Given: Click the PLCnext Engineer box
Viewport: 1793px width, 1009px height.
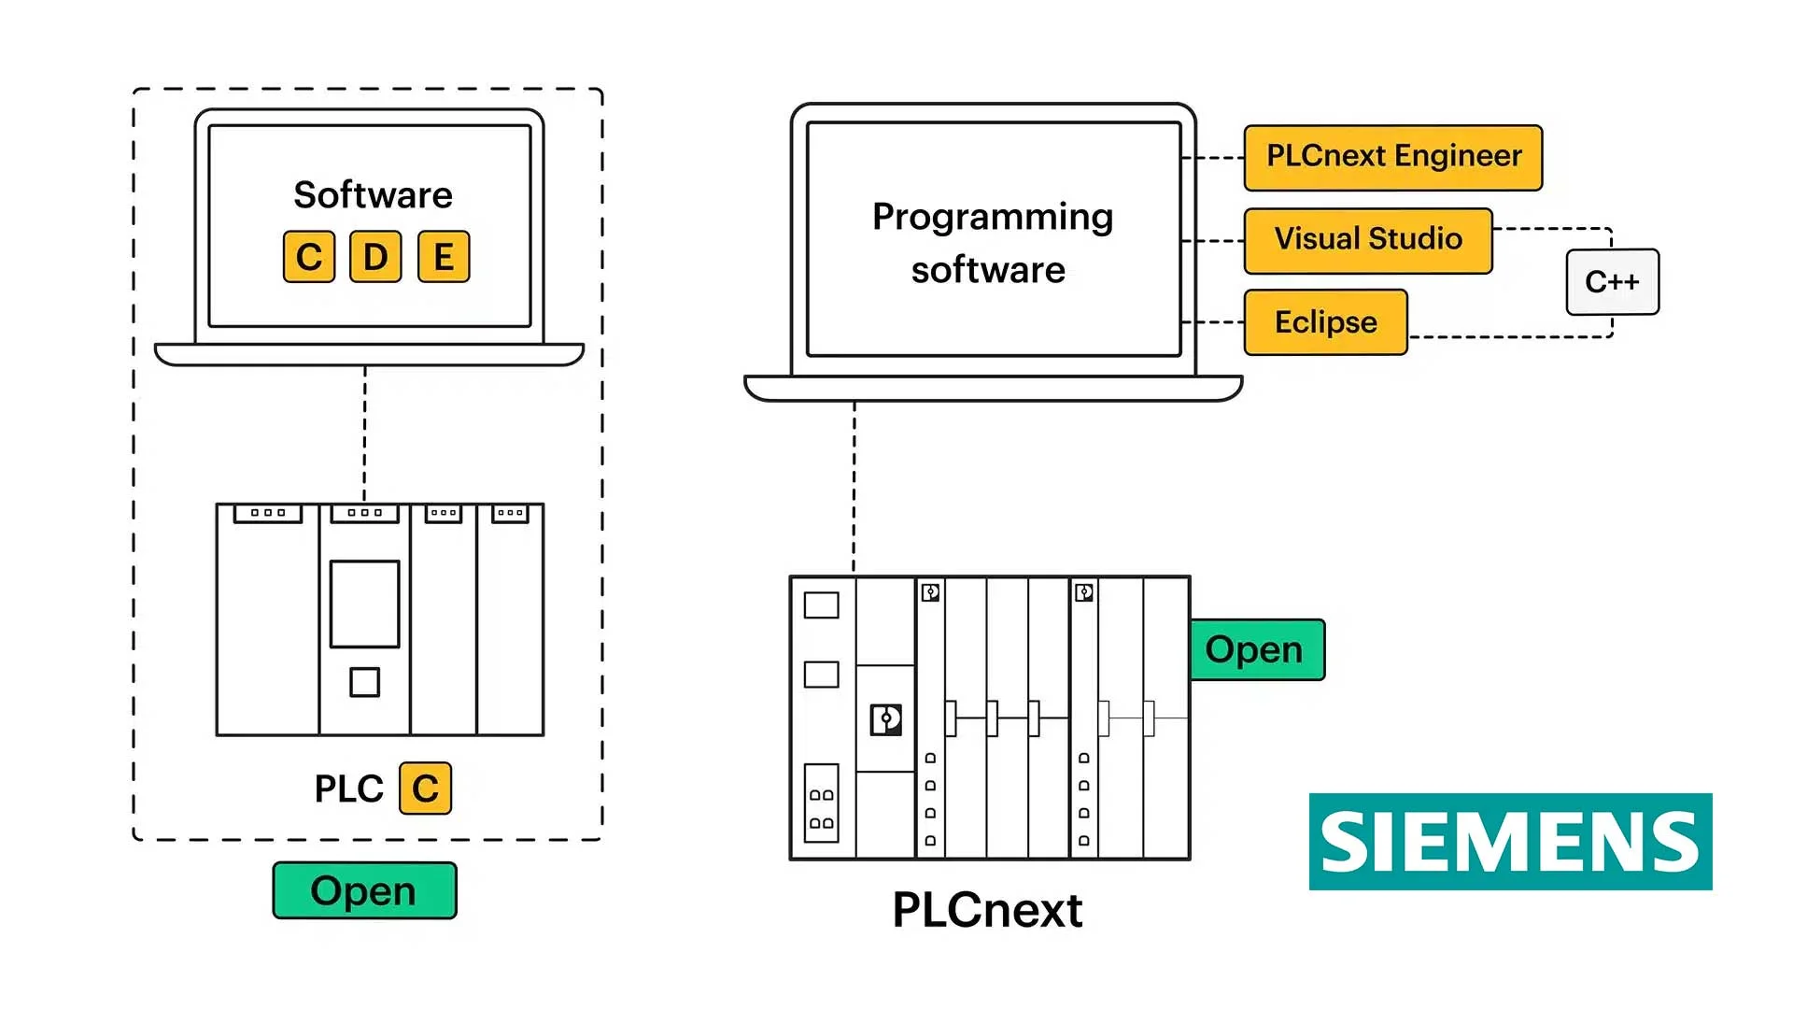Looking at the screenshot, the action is click(x=1393, y=157).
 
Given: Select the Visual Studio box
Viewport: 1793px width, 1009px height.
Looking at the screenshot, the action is click(x=1368, y=240).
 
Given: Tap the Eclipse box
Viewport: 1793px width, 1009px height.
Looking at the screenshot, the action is click(x=1326, y=322).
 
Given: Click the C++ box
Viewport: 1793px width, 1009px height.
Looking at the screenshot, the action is click(x=1613, y=282).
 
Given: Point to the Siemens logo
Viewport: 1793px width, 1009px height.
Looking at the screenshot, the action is click(x=1510, y=842).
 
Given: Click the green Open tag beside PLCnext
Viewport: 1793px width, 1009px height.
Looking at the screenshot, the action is click(x=1257, y=649).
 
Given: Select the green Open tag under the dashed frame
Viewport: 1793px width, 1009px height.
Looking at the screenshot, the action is click(x=364, y=890).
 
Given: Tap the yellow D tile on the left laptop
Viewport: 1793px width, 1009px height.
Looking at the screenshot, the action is click(x=375, y=256).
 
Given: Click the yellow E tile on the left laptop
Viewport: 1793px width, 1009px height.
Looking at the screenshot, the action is click(x=444, y=256).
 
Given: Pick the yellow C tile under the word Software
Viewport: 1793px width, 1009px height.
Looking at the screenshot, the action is click(x=309, y=256).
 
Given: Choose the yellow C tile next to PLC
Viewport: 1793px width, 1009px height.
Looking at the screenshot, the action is click(x=425, y=789).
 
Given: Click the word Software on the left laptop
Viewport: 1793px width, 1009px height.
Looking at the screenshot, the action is click(x=373, y=194).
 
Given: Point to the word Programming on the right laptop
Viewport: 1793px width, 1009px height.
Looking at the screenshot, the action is click(x=993, y=218).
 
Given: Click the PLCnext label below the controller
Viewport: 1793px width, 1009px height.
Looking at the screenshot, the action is click(x=987, y=909).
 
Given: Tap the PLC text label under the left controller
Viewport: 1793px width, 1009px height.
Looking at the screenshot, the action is click(x=348, y=789).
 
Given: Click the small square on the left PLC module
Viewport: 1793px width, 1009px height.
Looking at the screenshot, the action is click(x=364, y=682).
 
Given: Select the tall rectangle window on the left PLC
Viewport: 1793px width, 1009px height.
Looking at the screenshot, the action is click(x=364, y=604).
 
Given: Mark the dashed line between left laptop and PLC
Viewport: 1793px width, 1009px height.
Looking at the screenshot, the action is click(x=364, y=434).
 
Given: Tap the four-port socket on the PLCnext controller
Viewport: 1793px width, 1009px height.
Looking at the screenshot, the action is click(x=822, y=803).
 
